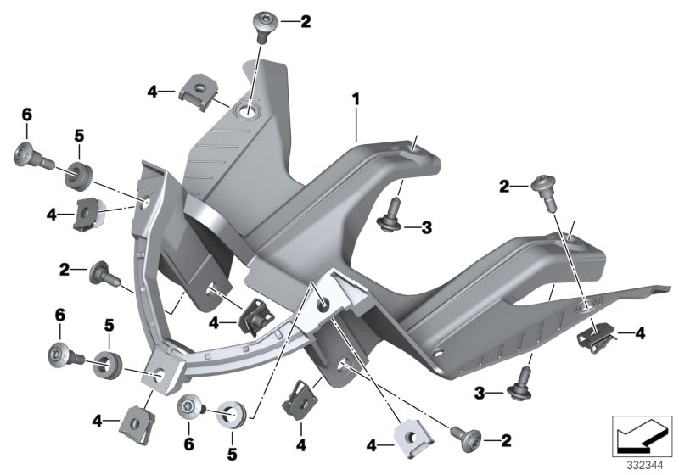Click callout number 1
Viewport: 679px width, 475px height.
pyautogui.click(x=356, y=99)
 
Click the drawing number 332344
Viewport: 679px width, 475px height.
pyautogui.click(x=645, y=466)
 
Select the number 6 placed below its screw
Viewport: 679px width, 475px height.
pyautogui.click(x=188, y=444)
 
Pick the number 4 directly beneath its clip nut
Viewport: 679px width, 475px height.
pyautogui.click(x=301, y=444)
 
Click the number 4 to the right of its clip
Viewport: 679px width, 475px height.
pyautogui.click(x=640, y=333)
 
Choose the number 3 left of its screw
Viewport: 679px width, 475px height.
pyautogui.click(x=479, y=394)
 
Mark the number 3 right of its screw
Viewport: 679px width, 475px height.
pyautogui.click(x=427, y=227)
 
